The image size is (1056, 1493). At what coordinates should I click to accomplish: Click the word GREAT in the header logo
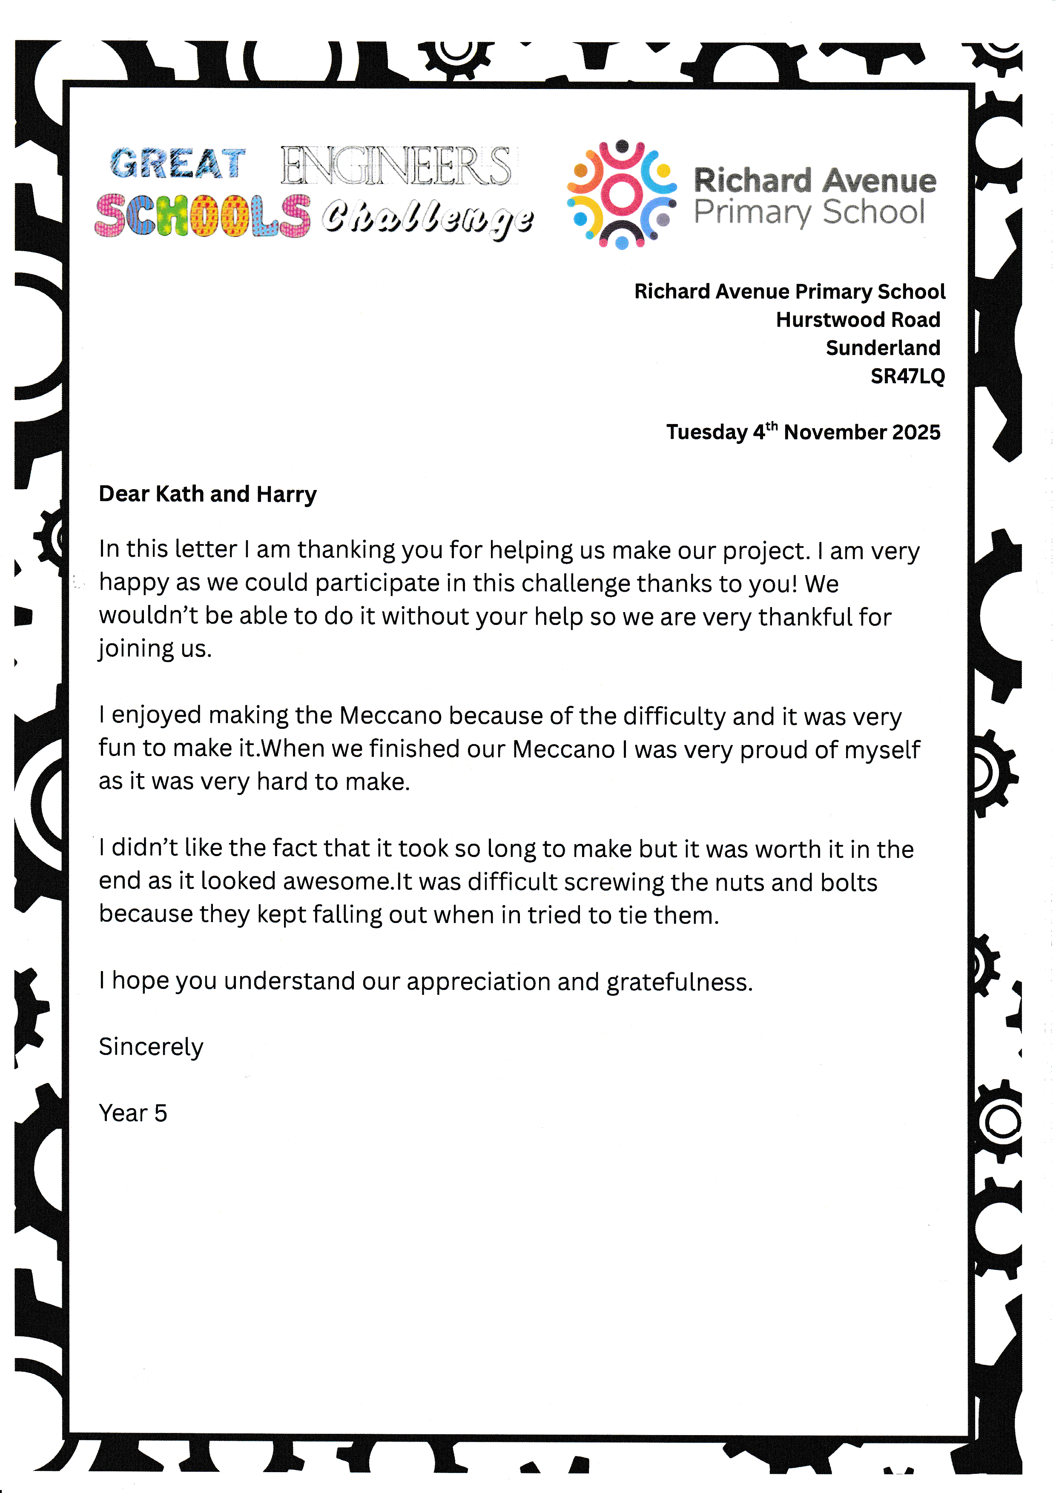177,163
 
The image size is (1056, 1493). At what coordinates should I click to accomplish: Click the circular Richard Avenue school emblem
621,194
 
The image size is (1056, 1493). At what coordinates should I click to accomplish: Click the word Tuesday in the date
706,433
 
